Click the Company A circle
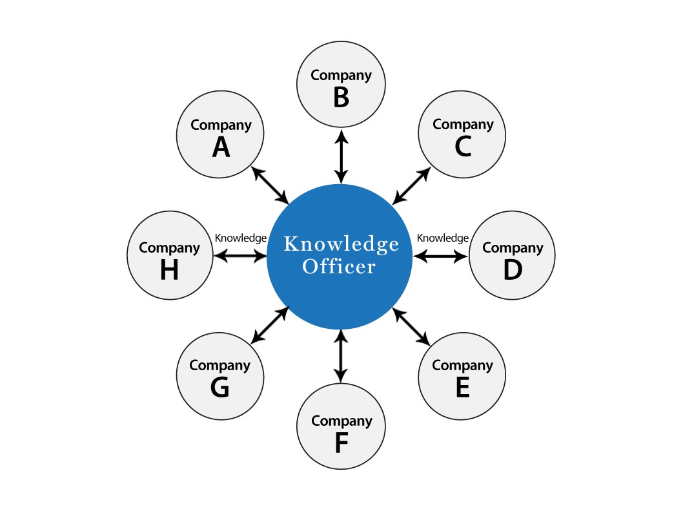click(221, 136)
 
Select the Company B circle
click(341, 85)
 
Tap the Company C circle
click(462, 136)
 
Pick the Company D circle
click(512, 257)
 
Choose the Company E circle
click(462, 377)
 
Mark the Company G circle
click(219, 377)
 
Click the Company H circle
click(170, 257)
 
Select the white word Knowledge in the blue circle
click(341, 245)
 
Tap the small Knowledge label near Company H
click(240, 238)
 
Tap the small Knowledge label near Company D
click(443, 238)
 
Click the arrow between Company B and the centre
click(341, 156)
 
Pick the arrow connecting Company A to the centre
click(270, 185)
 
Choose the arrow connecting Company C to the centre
click(412, 186)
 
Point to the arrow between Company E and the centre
click(411, 326)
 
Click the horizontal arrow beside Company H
click(240, 256)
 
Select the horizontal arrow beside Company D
click(440, 256)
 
